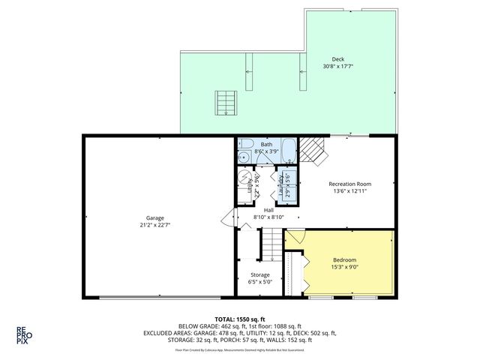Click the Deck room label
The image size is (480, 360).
click(x=338, y=59)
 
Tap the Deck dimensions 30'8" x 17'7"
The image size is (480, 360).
click(x=338, y=67)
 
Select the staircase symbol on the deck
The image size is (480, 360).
click(x=225, y=101)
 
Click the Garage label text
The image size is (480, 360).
click(x=156, y=218)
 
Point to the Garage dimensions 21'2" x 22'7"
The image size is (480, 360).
click(x=156, y=226)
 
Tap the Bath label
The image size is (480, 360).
click(x=267, y=144)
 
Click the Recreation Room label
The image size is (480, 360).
click(x=349, y=184)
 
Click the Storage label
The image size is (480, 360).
click(x=260, y=275)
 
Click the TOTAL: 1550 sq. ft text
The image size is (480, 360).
click(x=240, y=319)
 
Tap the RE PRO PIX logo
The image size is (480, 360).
click(x=25, y=334)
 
